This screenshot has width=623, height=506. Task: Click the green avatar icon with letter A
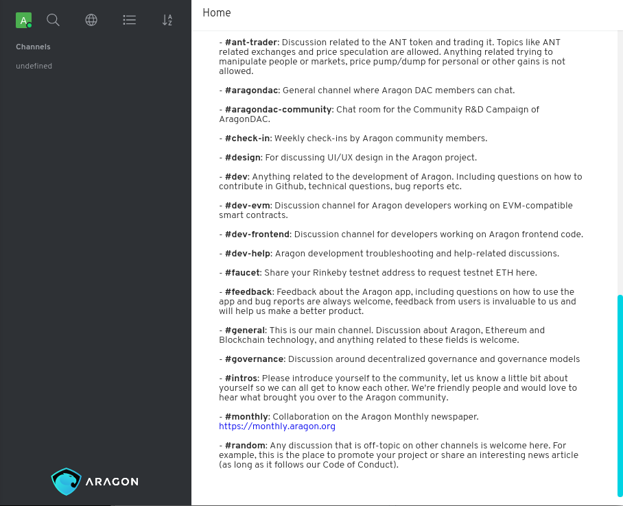24,21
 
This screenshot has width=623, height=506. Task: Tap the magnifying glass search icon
53,21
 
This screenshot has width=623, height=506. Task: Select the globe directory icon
91,21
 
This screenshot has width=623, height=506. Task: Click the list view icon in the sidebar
129,21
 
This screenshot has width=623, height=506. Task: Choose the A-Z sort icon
167,21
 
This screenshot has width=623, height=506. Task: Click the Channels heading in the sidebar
33,47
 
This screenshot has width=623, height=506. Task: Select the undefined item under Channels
34,67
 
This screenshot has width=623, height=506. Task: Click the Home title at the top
217,13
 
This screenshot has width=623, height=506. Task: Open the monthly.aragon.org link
277,426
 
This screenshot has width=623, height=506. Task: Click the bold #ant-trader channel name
250,43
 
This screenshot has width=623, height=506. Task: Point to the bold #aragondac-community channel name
279,110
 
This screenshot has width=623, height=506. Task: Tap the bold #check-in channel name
246,138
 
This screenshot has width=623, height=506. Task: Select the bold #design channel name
244,158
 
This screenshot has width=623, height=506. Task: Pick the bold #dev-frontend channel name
257,234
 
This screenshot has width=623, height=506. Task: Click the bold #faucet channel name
243,273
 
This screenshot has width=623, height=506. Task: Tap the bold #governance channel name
254,359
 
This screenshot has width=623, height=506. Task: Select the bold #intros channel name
241,378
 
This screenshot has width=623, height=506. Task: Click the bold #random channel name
245,446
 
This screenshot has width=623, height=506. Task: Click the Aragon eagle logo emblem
66,481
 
